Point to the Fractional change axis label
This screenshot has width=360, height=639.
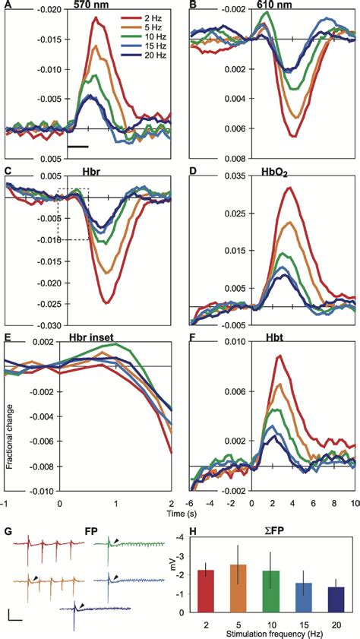[x=11, y=425]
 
